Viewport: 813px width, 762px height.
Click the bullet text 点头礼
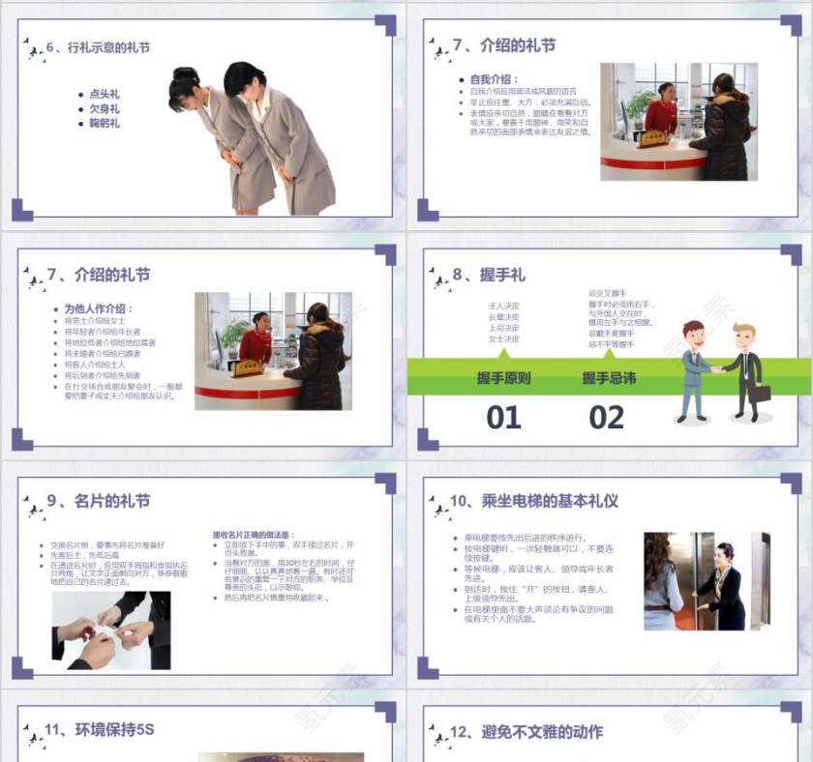(x=104, y=95)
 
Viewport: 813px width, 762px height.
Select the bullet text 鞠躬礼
(x=104, y=123)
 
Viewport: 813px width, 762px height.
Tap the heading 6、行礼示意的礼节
(x=98, y=47)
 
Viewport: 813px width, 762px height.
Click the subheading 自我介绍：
(x=494, y=79)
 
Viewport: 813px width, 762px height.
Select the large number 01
(x=503, y=418)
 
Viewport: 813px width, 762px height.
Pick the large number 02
(x=607, y=418)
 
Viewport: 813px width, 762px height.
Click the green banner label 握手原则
(x=503, y=378)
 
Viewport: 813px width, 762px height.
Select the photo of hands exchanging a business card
(x=111, y=630)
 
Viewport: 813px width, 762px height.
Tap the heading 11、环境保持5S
(x=91, y=731)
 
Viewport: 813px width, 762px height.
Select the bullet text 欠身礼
(x=104, y=109)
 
